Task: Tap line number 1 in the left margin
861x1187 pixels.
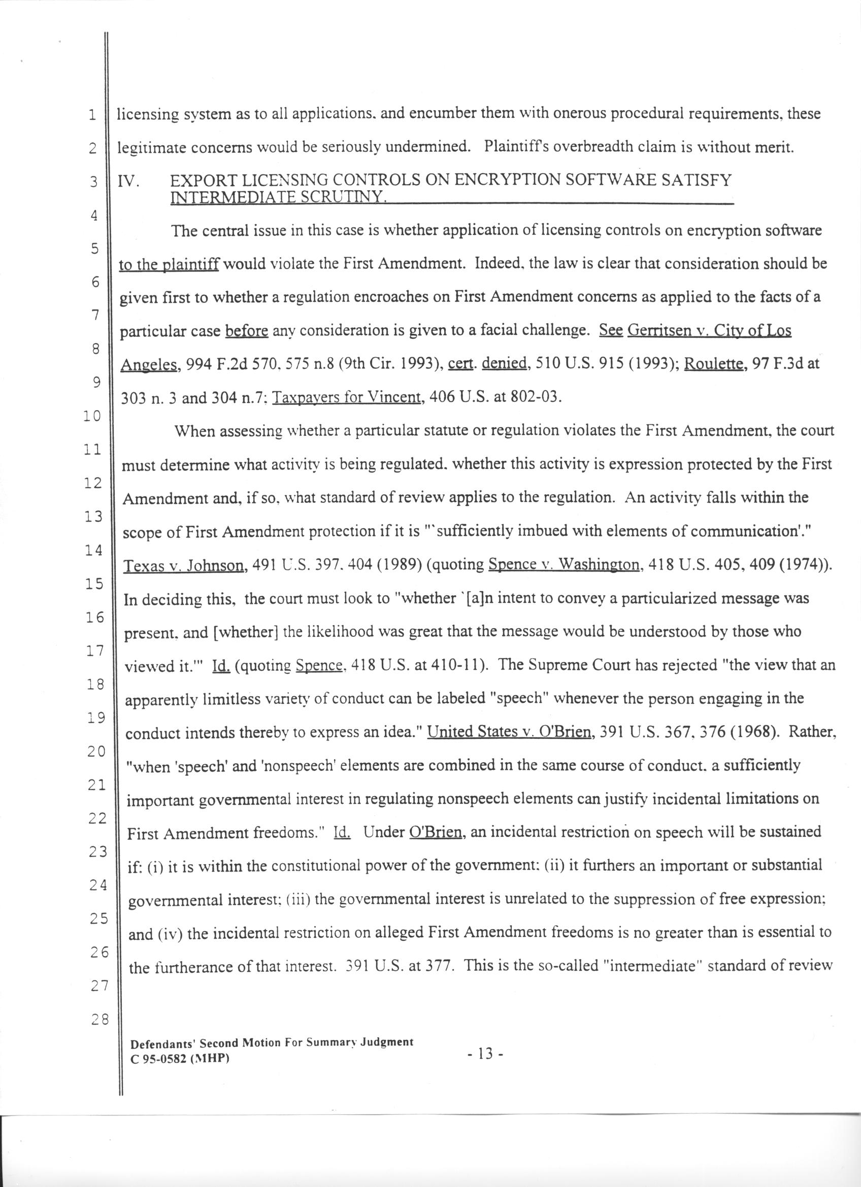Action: click(92, 115)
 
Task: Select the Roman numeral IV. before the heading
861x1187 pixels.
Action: click(127, 181)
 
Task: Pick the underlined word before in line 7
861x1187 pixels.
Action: click(247, 331)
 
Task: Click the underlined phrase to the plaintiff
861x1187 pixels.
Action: click(169, 265)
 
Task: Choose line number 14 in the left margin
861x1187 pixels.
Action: click(94, 550)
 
